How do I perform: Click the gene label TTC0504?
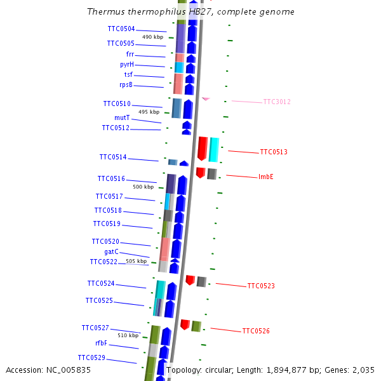[x=121, y=29]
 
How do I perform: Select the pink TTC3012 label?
[x=277, y=102]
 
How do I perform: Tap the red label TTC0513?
[x=274, y=152]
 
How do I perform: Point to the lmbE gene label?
[x=266, y=177]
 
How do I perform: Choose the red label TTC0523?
[x=261, y=286]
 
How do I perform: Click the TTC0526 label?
[x=256, y=331]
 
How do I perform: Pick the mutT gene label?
[x=122, y=117]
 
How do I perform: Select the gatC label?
[x=111, y=251]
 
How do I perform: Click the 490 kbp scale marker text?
[x=152, y=37]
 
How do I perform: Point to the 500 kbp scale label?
[x=143, y=187]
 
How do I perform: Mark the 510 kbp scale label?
[x=128, y=335]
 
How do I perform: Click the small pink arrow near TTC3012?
[x=206, y=98]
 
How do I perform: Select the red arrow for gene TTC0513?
[x=203, y=148]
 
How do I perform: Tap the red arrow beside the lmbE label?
[x=200, y=172]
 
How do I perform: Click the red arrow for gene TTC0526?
[x=185, y=324]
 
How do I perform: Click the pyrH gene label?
[x=126, y=64]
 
